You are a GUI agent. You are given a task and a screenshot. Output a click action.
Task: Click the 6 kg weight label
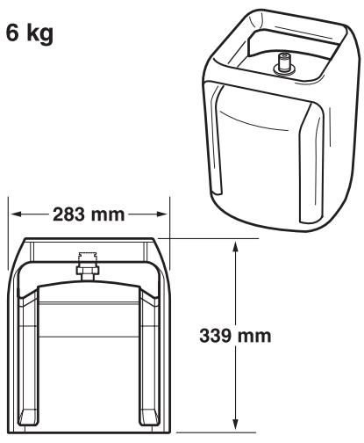pyautogui.click(x=30, y=33)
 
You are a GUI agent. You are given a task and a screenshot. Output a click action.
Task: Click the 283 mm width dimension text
pyautogui.click(x=89, y=214)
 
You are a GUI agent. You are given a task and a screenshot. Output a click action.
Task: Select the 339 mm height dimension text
pyautogui.click(x=235, y=336)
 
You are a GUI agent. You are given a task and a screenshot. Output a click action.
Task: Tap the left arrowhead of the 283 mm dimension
pyautogui.click(x=17, y=214)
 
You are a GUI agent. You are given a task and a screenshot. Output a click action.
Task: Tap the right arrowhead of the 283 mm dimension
pyautogui.click(x=162, y=214)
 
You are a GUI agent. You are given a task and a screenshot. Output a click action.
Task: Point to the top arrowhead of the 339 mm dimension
pyautogui.click(x=236, y=247)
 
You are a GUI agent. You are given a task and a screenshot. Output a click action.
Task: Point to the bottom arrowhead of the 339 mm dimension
pyautogui.click(x=236, y=425)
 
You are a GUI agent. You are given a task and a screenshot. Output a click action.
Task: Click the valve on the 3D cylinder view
pyautogui.click(x=284, y=63)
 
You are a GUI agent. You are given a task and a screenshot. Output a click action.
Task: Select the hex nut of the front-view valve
pyautogui.click(x=88, y=270)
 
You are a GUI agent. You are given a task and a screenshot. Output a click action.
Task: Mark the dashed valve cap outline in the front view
pyautogui.click(x=88, y=258)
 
